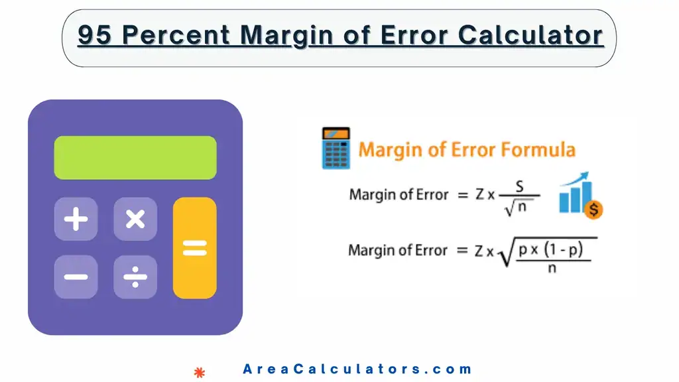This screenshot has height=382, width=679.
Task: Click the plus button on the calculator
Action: tap(76, 219)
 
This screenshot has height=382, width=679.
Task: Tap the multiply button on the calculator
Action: tap(135, 219)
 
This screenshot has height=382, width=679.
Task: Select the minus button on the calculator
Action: tap(76, 277)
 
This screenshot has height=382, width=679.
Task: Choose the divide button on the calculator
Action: tap(135, 277)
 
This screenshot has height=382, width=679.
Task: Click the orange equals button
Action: tap(194, 248)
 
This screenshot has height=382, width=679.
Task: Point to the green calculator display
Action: tap(135, 158)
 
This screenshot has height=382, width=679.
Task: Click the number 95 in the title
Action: tap(94, 36)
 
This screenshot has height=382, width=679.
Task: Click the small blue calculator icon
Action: tap(336, 149)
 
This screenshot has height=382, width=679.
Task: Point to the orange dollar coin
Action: tap(594, 210)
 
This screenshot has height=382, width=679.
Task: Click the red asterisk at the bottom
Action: tap(199, 373)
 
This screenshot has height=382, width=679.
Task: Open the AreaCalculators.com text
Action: tap(357, 369)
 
